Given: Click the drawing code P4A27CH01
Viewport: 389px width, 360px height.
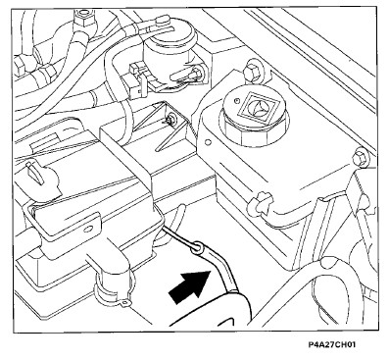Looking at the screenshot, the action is (332, 345).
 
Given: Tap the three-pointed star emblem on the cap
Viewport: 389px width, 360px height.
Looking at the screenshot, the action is (258, 107).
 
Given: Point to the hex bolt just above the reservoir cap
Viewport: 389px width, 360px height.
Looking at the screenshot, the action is (252, 70).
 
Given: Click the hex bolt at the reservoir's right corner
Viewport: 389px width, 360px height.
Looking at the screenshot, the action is (360, 159).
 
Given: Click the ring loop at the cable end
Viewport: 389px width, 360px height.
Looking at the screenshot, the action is (197, 246).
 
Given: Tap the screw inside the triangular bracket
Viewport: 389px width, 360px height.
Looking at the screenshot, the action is (170, 120).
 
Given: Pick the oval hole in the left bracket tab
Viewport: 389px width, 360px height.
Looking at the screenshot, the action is (87, 229).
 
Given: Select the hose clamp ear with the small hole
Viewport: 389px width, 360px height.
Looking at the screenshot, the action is (124, 303).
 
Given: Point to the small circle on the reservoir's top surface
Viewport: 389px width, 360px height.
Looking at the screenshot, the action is (208, 143).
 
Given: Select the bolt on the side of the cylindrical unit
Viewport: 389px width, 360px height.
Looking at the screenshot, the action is (195, 74).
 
